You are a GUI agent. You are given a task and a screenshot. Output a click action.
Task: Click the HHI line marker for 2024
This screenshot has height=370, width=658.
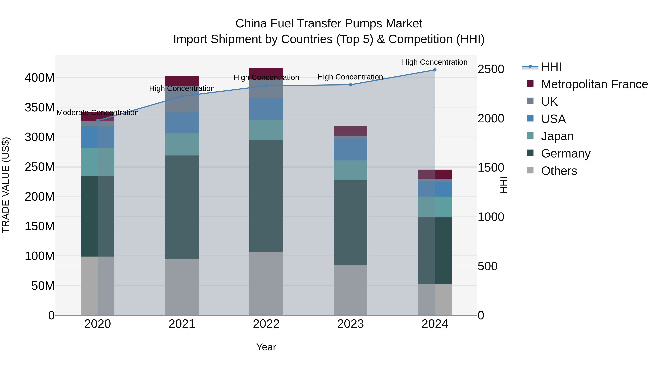pos(435,70)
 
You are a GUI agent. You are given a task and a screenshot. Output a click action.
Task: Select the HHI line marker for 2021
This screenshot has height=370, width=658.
pos(182,96)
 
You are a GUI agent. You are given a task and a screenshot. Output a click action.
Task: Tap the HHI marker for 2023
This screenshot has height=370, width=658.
pos(350,85)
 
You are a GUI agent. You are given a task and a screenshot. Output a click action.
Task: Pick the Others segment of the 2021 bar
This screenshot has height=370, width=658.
pos(182,287)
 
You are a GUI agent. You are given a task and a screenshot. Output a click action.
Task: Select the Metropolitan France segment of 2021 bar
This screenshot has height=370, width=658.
pos(182,81)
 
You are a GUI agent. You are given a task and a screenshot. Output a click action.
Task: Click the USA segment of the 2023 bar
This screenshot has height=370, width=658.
pos(350,149)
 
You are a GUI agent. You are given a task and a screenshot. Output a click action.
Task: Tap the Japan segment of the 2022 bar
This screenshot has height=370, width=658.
pos(266,130)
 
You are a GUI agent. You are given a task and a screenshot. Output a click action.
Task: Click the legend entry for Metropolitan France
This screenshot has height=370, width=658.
pos(594,84)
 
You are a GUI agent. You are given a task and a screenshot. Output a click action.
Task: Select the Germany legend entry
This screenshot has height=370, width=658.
pos(566,153)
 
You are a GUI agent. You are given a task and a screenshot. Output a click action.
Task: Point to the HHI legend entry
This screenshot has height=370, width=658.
pos(551,67)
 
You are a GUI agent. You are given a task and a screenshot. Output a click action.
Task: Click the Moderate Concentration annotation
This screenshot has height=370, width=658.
pos(98,113)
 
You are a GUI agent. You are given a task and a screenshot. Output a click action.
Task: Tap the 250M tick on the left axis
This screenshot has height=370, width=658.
pos(40,167)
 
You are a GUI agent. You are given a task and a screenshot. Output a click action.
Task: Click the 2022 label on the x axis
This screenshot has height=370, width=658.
pos(266,324)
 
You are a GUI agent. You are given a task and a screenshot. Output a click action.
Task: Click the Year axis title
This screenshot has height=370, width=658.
pos(266,347)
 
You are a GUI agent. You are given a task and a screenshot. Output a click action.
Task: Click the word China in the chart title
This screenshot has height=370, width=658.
pos(251,24)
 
